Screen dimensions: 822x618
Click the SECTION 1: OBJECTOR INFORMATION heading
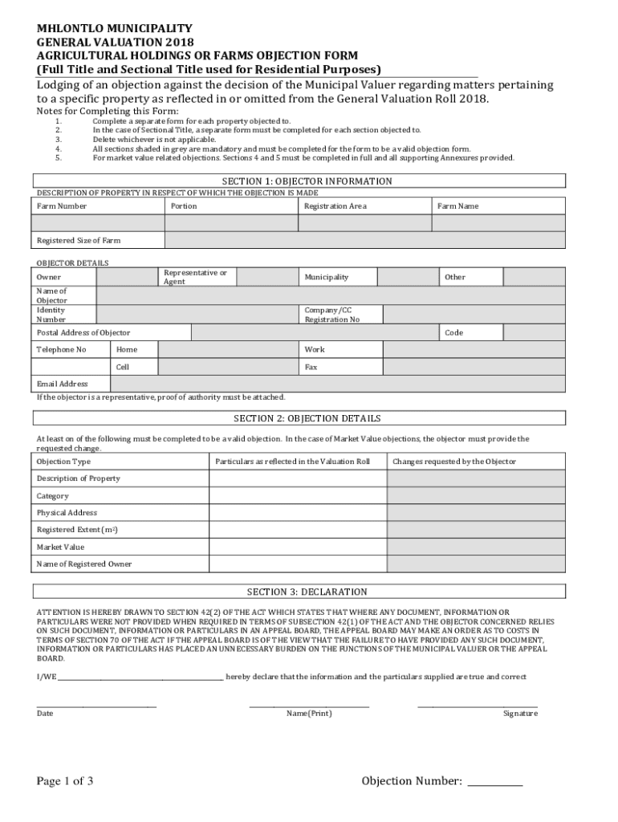tap(307, 181)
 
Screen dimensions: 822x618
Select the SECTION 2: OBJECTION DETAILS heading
tap(307, 418)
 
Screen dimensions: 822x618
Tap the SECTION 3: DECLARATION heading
tap(307, 592)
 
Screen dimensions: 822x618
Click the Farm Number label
tap(62, 206)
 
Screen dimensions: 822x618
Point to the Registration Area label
tap(335, 206)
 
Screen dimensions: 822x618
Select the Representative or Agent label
tap(195, 277)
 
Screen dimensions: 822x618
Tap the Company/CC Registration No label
tap(331, 314)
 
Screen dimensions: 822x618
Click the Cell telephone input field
tap(228, 367)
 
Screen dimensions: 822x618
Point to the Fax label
tap(311, 367)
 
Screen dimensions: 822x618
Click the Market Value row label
tap(60, 547)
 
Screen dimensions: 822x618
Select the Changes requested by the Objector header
tap(454, 462)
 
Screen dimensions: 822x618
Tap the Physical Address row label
tap(67, 512)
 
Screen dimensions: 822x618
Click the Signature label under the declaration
tap(520, 714)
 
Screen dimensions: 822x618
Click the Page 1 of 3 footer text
tap(65, 781)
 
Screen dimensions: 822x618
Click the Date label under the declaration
tap(45, 714)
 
